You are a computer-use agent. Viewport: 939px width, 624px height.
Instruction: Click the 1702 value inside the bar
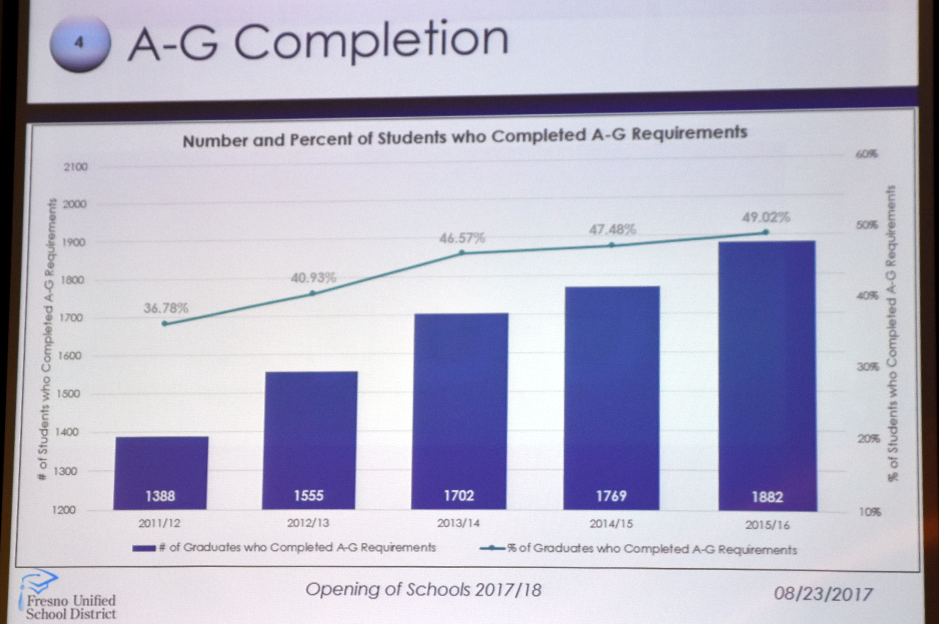click(459, 495)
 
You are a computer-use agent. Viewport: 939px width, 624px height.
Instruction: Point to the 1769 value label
click(611, 496)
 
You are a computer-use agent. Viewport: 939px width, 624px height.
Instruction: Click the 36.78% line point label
click(166, 308)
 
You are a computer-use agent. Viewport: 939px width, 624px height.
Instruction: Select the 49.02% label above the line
click(766, 217)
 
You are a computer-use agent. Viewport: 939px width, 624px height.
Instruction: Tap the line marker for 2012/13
click(313, 293)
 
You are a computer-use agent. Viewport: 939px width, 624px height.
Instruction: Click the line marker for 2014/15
click(612, 245)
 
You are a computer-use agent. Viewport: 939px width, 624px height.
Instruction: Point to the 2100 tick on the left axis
click(75, 167)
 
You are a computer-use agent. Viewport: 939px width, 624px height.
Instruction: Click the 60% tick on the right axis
click(866, 154)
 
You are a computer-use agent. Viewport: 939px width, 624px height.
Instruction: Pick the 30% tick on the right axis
click(868, 367)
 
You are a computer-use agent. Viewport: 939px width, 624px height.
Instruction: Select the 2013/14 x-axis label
click(458, 523)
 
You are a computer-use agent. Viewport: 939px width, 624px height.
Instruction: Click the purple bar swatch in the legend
click(144, 548)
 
